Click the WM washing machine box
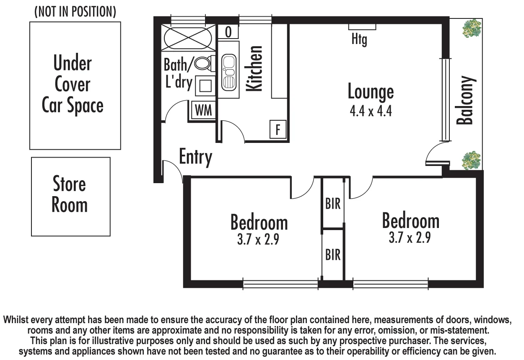pos(204,111)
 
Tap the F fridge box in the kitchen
pos(278,129)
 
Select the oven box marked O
pos(228,32)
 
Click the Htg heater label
pos(359,40)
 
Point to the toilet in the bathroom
pos(202,64)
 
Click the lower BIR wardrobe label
pos(333,254)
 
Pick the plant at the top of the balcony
pos(472,28)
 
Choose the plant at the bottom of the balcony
pos(471,161)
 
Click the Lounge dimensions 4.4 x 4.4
pos(371,111)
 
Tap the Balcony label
pos(465,101)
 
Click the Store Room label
pos(70,194)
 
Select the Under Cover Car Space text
pos(73,85)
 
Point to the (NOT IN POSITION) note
pos(75,12)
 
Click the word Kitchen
pos(254,68)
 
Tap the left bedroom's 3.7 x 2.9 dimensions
pos(258,240)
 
